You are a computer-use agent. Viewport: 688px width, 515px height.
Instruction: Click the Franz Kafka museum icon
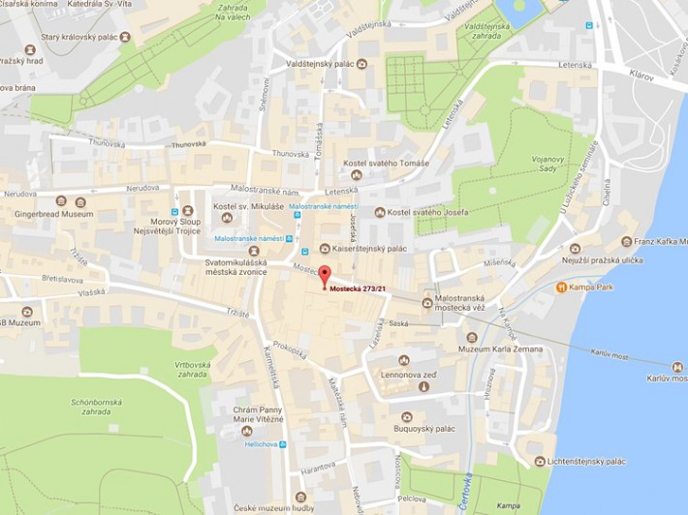coord(627,241)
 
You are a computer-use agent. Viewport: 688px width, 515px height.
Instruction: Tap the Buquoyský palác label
coord(424,429)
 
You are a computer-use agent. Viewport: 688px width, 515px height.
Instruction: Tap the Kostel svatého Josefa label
coord(431,212)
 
